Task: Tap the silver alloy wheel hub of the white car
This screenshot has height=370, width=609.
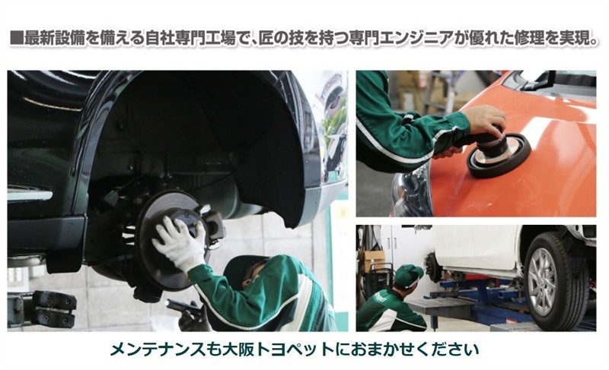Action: pyautogui.click(x=543, y=282)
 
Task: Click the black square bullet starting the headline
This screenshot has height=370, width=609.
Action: pyautogui.click(x=16, y=39)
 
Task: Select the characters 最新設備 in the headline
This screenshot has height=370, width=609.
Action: pyautogui.click(x=54, y=39)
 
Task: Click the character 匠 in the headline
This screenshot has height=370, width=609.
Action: pyautogui.click(x=267, y=39)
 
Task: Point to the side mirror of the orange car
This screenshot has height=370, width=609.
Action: pyautogui.click(x=540, y=80)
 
